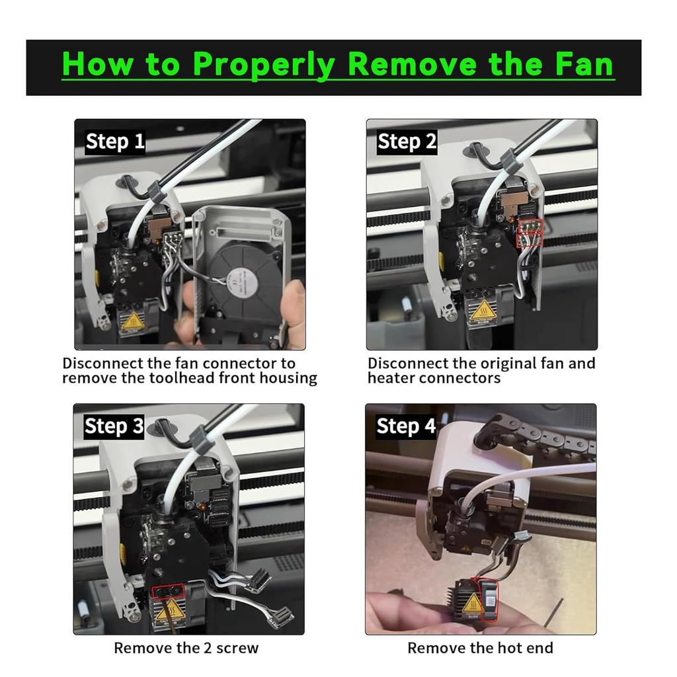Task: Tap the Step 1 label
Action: click(x=115, y=142)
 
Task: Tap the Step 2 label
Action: click(x=407, y=142)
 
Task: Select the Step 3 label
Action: click(x=114, y=426)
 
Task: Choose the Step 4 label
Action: click(x=406, y=426)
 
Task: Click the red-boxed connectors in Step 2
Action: click(x=529, y=233)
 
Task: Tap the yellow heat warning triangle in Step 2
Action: click(x=483, y=309)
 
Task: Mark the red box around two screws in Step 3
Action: click(x=168, y=590)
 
